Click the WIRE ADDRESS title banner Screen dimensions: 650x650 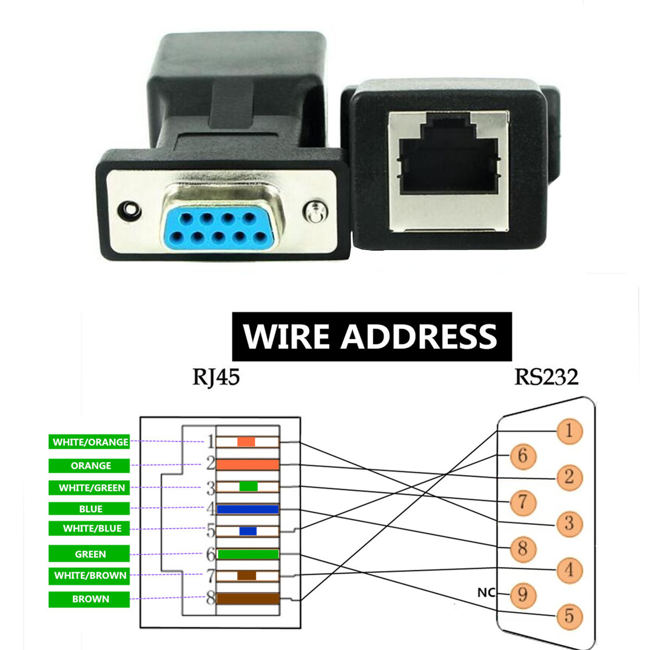[371, 336]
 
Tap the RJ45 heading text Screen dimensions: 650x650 [216, 377]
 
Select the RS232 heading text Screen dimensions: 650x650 [546, 377]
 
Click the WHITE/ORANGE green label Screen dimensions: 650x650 [89, 442]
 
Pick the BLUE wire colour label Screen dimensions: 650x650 [89, 509]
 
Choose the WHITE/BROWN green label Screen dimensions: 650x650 [89, 576]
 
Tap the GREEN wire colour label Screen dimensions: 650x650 [89, 554]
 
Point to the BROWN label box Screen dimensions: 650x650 [89, 599]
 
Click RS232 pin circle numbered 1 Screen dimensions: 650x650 [569, 431]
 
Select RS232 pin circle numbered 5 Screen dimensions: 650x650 [569, 616]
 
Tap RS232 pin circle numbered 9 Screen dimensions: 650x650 [523, 594]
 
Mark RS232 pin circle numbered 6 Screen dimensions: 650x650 [523, 456]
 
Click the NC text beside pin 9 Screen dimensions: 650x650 [486, 593]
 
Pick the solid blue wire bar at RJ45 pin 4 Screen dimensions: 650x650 [248, 509]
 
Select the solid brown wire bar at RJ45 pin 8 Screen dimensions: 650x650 [248, 599]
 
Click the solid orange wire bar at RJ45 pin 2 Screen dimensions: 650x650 [248, 464]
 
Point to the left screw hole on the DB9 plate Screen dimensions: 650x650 [129, 211]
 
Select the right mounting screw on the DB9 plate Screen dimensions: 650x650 [315, 212]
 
